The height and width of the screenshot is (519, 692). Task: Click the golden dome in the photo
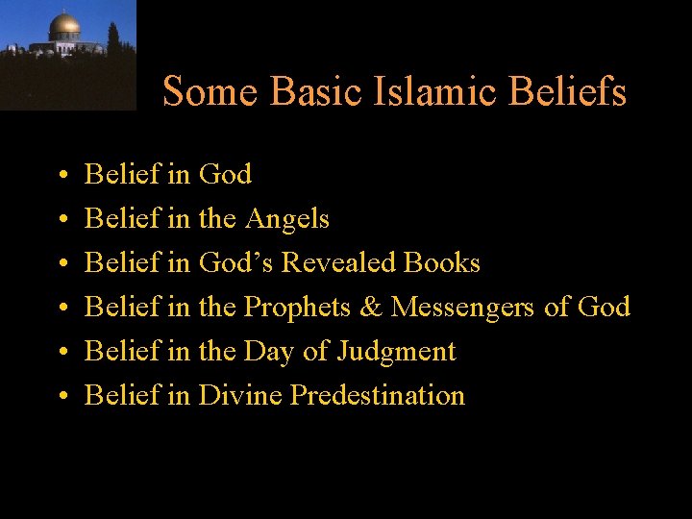[x=64, y=24]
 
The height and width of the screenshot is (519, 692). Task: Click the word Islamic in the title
[x=432, y=92]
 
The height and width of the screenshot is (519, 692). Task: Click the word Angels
[x=286, y=219]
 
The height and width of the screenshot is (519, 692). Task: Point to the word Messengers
[x=462, y=308]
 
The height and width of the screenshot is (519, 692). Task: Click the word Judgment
[x=396, y=352]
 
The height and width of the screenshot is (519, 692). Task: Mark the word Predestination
[x=377, y=395]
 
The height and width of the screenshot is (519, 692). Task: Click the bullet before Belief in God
[x=61, y=176]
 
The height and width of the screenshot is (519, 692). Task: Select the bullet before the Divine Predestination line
[x=61, y=396]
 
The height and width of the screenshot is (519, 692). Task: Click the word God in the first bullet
[x=225, y=175]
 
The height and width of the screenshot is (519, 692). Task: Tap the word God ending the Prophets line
[x=605, y=307]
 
